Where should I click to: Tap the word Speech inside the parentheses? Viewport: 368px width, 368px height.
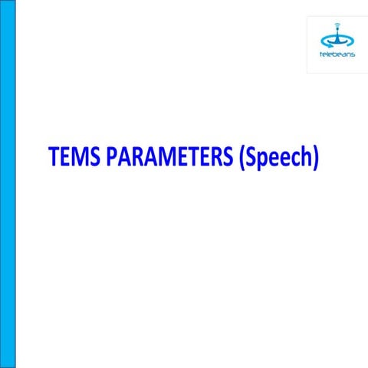[x=278, y=157]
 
